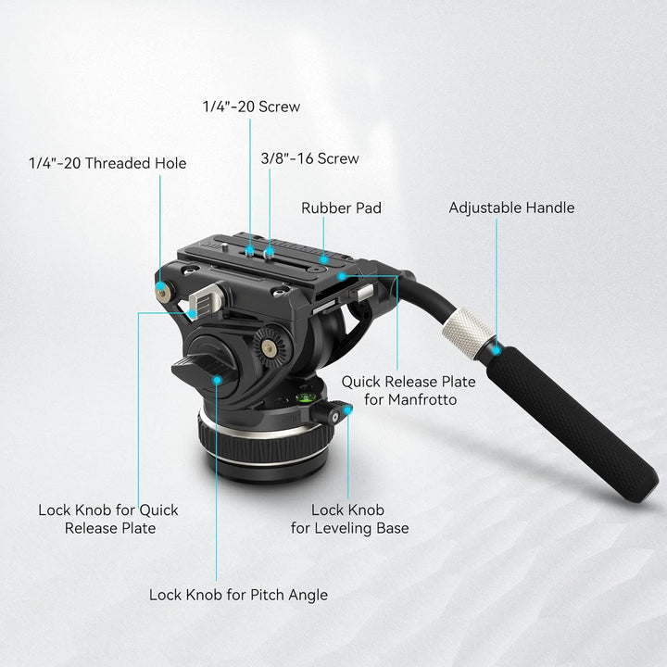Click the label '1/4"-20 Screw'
click(251, 107)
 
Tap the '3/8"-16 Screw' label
click(309, 158)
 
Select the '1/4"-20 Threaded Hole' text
click(107, 163)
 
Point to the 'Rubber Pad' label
click(341, 208)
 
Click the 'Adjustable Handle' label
click(511, 208)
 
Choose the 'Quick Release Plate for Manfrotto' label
click(409, 390)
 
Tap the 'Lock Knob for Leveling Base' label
click(349, 519)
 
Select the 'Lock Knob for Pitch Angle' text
click(238, 595)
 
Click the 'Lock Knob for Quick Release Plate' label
click(108, 519)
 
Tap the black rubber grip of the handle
click(574, 417)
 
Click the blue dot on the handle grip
click(497, 350)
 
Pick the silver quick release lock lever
click(209, 299)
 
